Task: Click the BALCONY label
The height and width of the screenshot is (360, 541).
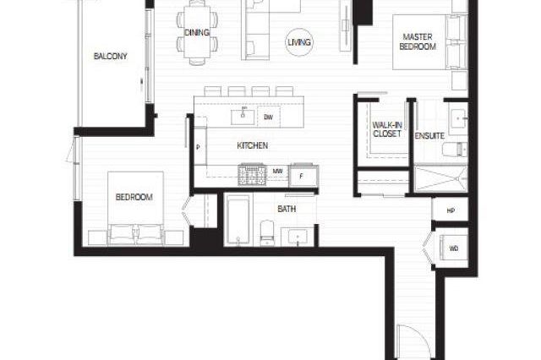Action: coord(111,57)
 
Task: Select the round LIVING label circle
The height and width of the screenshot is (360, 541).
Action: coord(298,41)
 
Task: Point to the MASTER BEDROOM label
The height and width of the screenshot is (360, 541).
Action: coord(418,42)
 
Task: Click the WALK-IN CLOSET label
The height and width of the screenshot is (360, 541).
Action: coord(385,128)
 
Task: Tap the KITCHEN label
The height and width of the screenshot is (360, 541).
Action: coord(252,146)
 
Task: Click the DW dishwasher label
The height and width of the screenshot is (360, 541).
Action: coord(268,117)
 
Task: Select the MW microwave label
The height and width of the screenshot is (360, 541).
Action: coord(277,172)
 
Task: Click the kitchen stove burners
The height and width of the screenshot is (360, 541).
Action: coord(252,175)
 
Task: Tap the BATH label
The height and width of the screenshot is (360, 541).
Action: coord(286,207)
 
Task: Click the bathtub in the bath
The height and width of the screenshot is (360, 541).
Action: coord(238,221)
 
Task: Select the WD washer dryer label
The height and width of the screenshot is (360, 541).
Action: coord(453,248)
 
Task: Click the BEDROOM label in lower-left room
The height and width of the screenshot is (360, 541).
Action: coord(134,198)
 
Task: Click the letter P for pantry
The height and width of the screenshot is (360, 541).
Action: coord(198,147)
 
